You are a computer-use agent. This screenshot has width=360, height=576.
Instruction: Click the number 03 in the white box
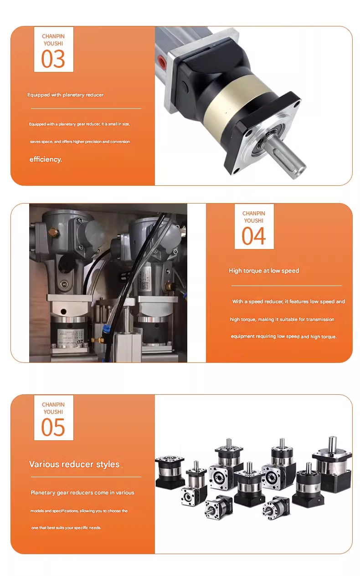(53, 59)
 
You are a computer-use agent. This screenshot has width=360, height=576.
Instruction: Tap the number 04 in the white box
(253, 236)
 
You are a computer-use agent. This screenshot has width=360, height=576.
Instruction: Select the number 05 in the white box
(53, 427)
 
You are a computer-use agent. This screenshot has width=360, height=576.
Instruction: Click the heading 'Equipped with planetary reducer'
(65, 95)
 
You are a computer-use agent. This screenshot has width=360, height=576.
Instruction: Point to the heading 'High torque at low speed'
(264, 270)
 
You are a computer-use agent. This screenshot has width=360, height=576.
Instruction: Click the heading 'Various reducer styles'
(74, 464)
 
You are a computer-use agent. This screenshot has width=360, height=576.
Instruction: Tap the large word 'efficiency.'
(46, 159)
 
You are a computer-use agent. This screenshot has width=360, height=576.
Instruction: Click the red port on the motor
(162, 61)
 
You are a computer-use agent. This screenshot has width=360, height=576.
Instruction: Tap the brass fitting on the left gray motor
(55, 233)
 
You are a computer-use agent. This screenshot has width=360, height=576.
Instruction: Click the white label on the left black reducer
(69, 336)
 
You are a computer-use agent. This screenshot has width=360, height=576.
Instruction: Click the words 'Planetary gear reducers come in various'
(82, 492)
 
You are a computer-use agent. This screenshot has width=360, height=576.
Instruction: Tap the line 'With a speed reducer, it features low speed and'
(288, 301)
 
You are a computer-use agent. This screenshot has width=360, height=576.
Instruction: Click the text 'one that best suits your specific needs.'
(66, 528)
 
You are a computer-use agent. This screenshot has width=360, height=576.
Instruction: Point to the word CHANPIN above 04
(254, 214)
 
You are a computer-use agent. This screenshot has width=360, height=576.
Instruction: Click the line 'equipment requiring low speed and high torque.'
(284, 336)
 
